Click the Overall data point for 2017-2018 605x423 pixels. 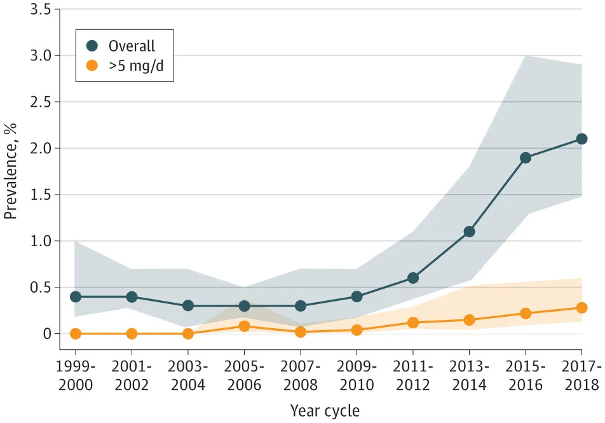581,139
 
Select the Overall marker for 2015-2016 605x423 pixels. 525,158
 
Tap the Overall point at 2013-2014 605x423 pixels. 469,232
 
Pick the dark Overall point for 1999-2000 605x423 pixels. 76,296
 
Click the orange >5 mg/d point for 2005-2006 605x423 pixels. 244,326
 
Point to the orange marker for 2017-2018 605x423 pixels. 581,308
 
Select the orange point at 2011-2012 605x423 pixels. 413,322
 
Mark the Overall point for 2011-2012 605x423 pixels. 413,278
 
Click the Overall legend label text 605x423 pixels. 132,46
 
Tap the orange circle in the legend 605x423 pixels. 93,66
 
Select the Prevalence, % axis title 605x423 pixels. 11,172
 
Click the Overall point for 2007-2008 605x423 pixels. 301,306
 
